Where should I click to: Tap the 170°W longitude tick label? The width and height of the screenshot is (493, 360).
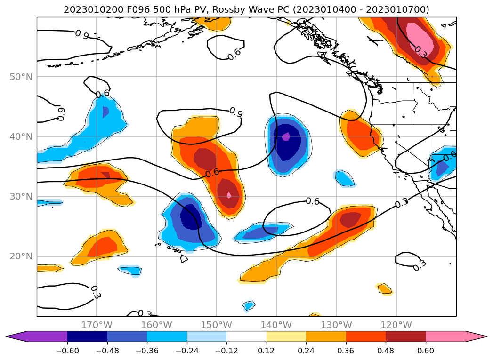coord(97,325)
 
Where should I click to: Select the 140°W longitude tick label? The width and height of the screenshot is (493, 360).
coord(276,325)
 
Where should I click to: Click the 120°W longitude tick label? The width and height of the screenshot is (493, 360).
coord(396,325)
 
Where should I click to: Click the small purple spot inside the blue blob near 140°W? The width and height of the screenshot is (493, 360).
coord(285,137)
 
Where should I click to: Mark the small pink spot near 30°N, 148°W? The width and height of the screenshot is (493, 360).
coord(229,194)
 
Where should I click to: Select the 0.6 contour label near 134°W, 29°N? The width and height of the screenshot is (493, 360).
coord(313,201)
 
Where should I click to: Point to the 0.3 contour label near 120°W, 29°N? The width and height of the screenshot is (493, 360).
coord(402,204)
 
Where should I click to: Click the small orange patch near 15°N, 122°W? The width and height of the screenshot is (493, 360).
coord(385,288)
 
